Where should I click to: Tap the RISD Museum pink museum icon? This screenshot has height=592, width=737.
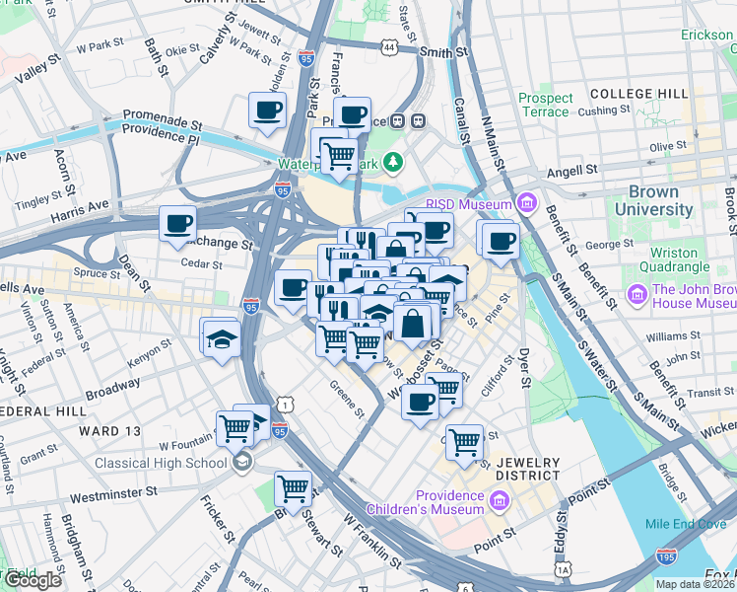point(527,204)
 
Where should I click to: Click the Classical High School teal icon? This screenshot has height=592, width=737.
point(241,463)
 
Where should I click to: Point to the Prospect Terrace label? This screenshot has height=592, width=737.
point(546,105)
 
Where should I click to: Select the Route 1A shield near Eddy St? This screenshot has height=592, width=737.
point(563,569)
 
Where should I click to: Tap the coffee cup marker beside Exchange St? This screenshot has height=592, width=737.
point(177,224)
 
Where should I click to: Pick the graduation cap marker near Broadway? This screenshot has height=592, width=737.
point(220,338)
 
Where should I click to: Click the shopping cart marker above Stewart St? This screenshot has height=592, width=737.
point(293,487)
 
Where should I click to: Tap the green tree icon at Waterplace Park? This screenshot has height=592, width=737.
point(394,160)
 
